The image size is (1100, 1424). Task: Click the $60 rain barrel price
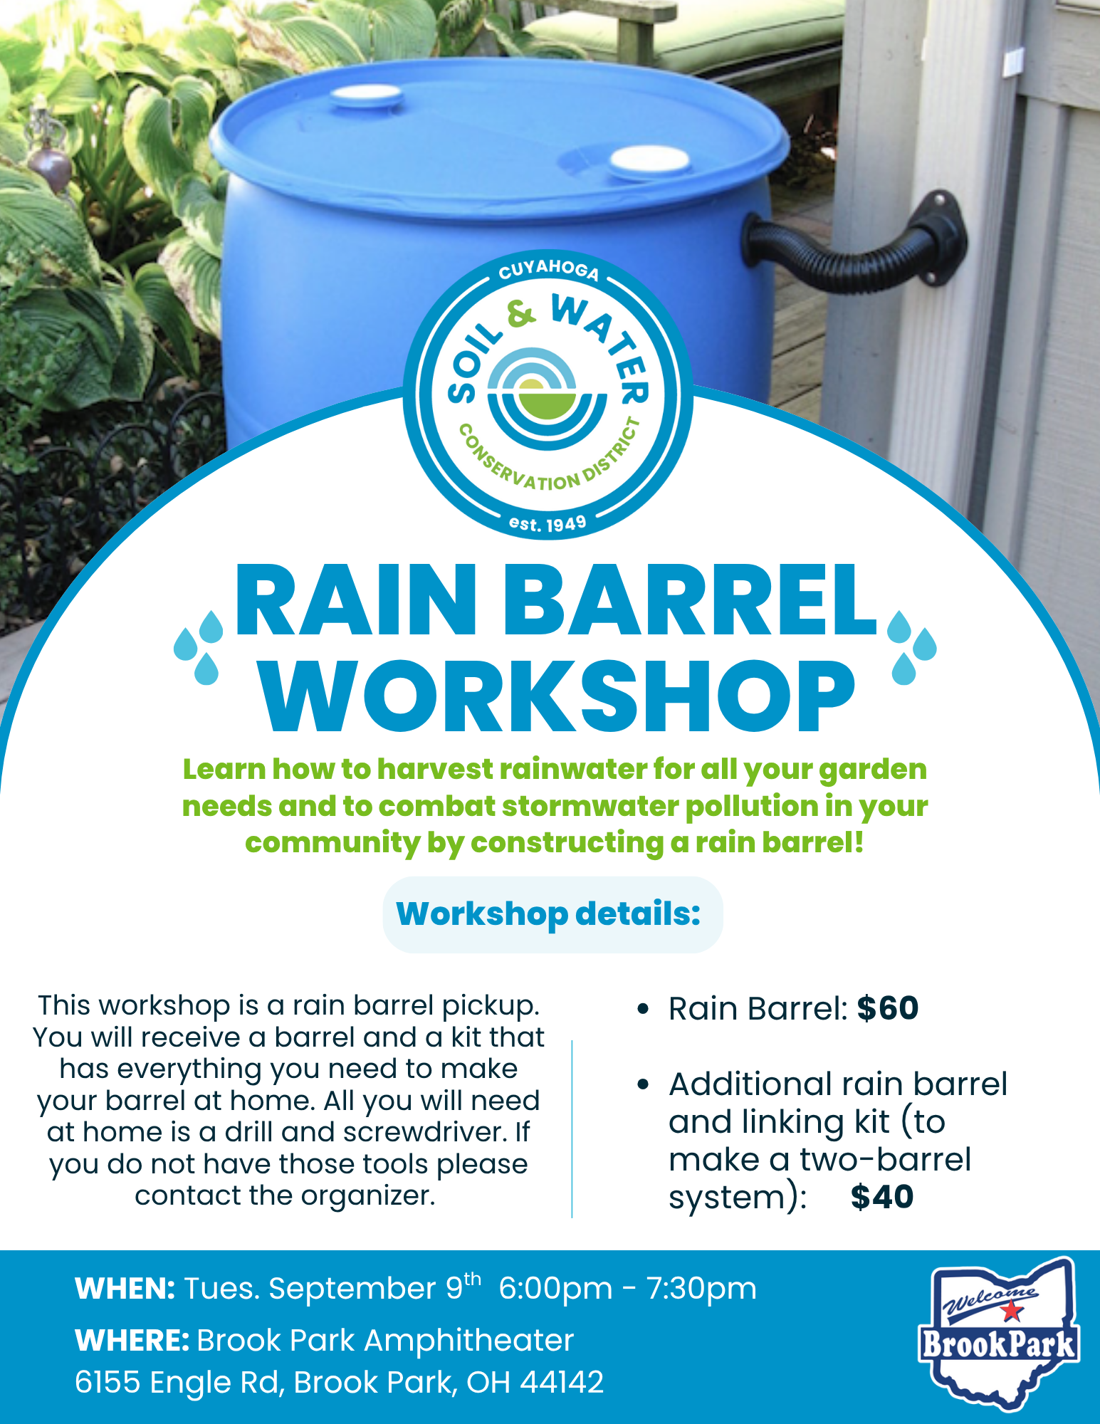coord(888,1008)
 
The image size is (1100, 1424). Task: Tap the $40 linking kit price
coord(882,1196)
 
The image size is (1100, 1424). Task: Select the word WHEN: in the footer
coord(125,1289)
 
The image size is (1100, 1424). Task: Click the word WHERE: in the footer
coord(132,1341)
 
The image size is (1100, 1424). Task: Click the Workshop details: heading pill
coord(552,914)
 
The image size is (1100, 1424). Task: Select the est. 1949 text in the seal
coord(548,524)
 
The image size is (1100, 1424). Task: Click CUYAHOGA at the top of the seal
coord(548,269)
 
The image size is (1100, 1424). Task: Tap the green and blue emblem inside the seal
coord(548,398)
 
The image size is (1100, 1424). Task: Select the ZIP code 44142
coord(562,1383)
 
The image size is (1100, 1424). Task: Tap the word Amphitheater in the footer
coord(469,1341)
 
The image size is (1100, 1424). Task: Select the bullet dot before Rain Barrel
coord(644,1009)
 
